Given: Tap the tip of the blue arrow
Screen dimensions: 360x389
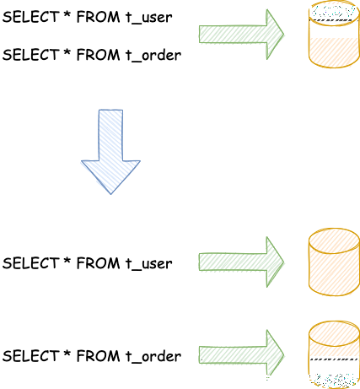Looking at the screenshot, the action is pos(110,194).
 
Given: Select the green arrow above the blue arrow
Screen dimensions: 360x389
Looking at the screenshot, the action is pos(241,35).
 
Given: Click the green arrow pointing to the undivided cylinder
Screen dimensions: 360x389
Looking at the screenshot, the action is pos(241,262).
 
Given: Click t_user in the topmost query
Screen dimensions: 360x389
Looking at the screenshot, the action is pos(148,18).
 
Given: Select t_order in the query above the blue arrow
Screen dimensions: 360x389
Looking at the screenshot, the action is pos(153,55).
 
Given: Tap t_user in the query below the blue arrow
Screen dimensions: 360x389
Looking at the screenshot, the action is pos(148,263).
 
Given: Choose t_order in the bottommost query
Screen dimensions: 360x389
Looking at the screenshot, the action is pos(153,356).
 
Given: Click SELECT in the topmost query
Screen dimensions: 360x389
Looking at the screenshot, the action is pos(30,17).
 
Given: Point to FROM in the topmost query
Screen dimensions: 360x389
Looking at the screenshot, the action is pos(98,17).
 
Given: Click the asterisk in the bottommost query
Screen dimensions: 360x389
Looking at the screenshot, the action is pos(67,353).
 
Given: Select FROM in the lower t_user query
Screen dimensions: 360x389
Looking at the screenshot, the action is pos(98,263).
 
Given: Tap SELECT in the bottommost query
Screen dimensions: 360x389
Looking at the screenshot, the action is pos(30,356).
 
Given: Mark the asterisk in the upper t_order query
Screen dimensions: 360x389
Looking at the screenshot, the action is pos(67,51).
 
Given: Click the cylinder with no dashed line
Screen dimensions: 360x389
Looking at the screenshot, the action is pos(334,262).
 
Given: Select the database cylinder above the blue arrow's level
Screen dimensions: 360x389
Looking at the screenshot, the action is pos(334,35).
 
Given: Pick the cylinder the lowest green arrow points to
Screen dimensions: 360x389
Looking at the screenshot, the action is pos(334,355).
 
